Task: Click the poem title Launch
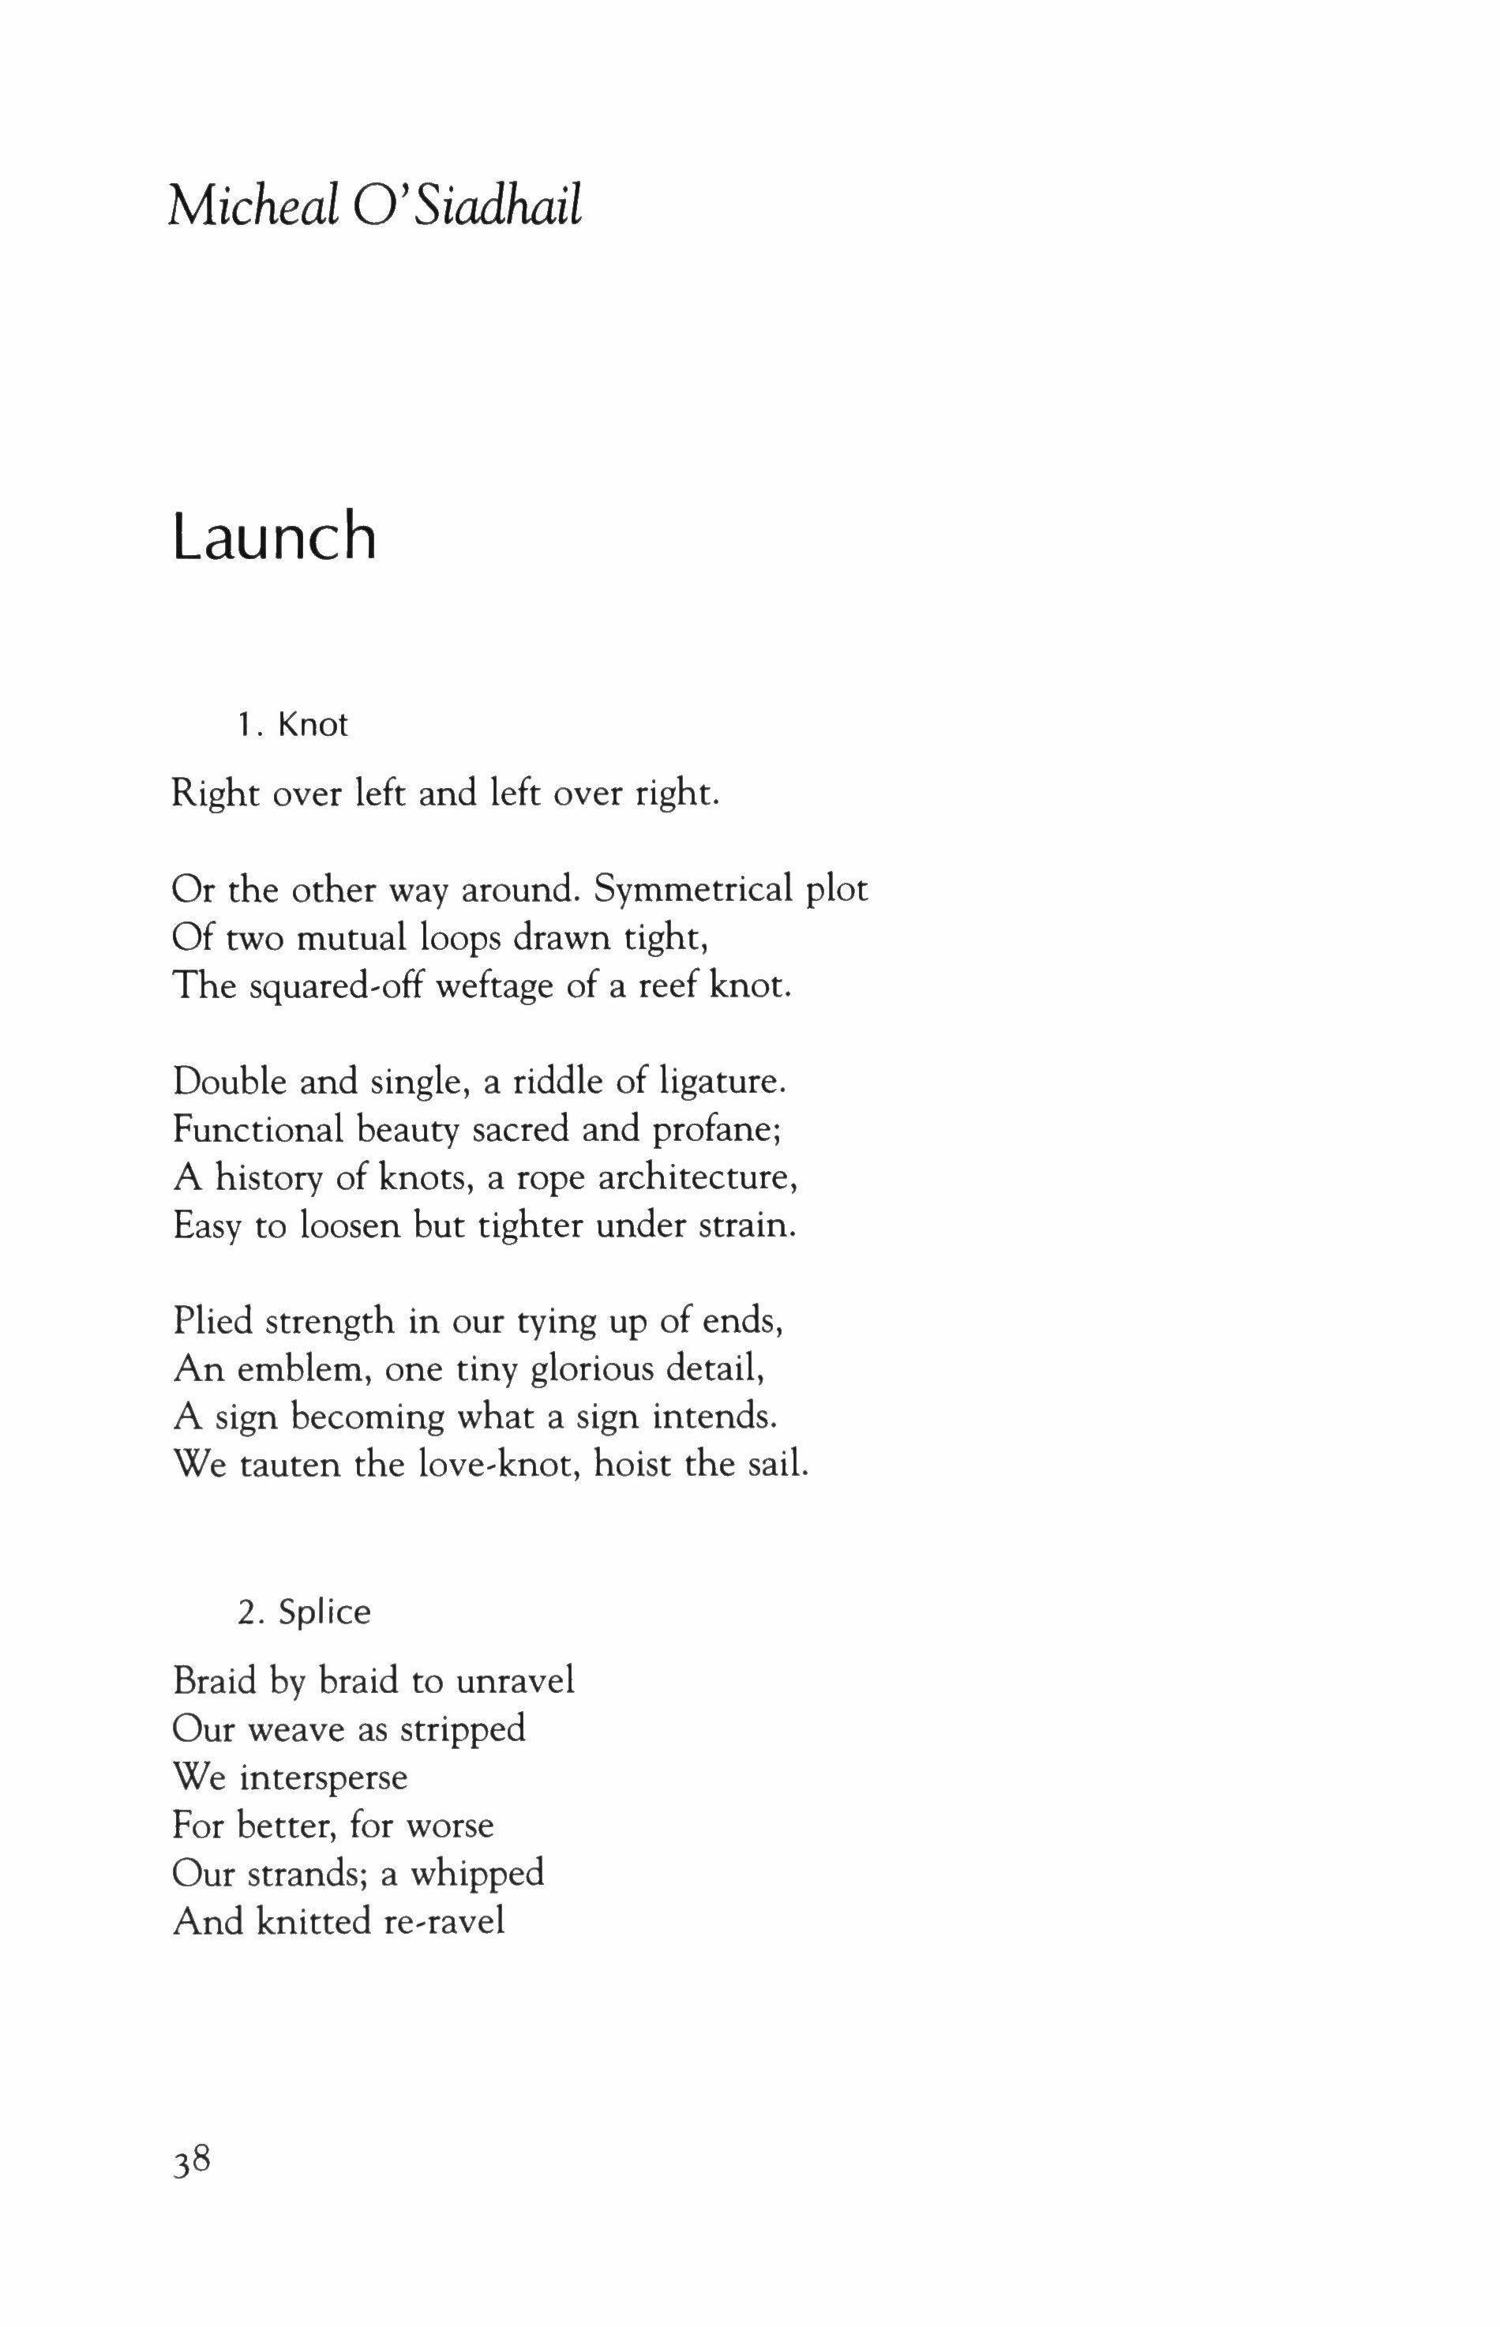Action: coord(274,537)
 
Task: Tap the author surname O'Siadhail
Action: coord(467,207)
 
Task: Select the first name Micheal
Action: coord(253,207)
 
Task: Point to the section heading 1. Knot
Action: coord(292,725)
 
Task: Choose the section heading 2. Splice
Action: coord(304,1612)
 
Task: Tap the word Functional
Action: coord(257,1130)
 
